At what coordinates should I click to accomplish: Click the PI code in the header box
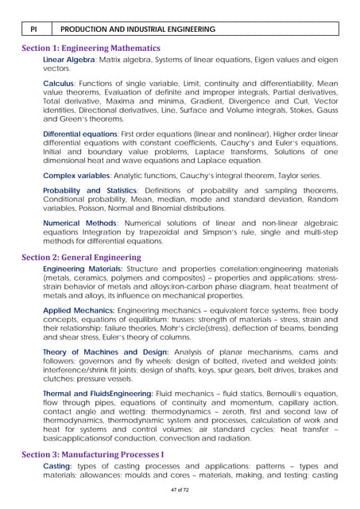click(34, 29)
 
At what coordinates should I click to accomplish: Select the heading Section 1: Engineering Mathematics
click(91, 49)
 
